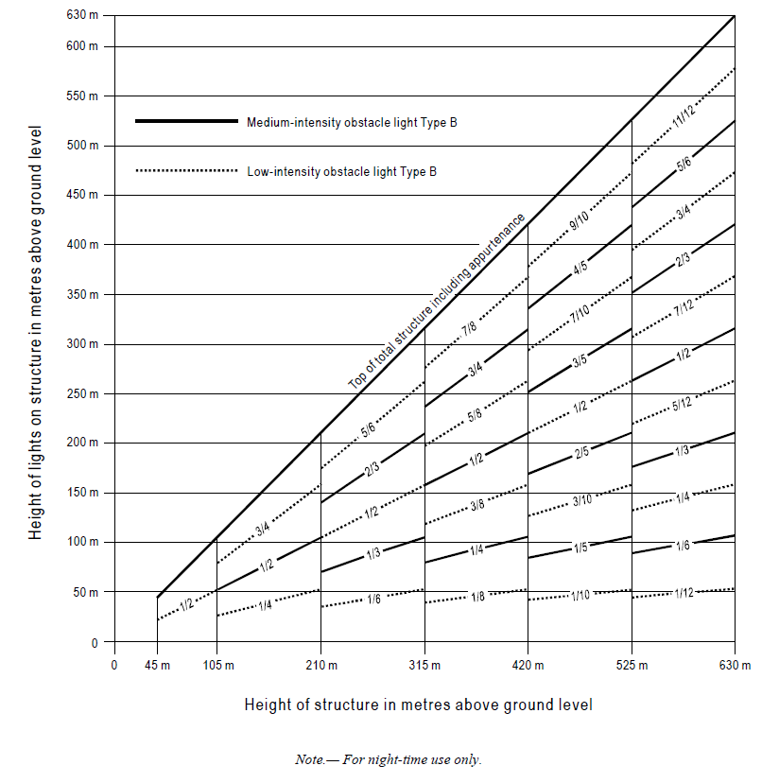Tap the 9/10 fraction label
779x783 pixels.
tap(580, 222)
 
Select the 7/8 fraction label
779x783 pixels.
tap(470, 329)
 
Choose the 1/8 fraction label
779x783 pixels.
tap(478, 596)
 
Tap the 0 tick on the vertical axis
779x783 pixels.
tap(95, 643)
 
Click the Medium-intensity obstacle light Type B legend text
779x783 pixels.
tap(352, 122)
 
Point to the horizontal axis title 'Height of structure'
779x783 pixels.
tap(419, 705)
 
